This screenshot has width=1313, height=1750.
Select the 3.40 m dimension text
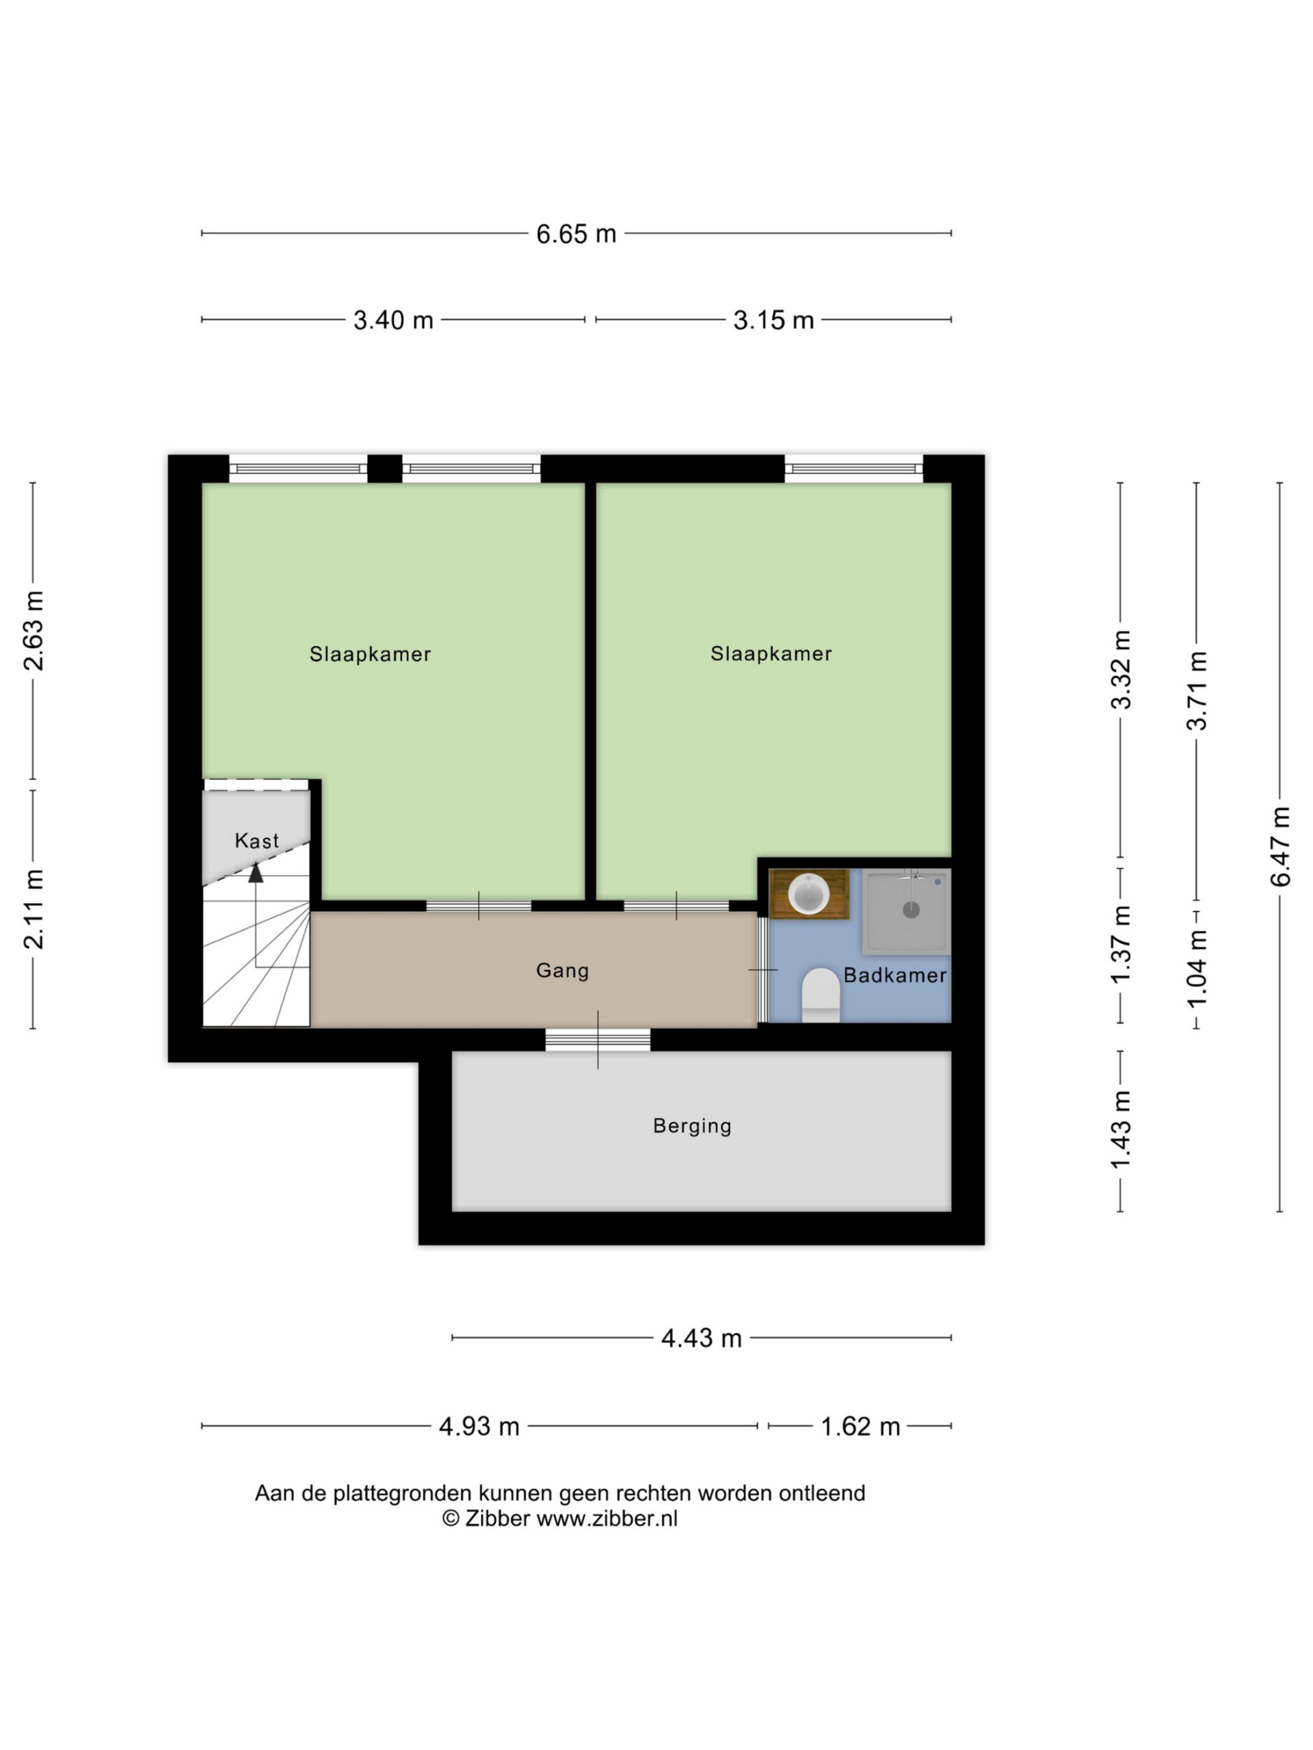393,321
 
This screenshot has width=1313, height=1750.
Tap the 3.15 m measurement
773,321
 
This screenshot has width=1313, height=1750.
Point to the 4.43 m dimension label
701,1338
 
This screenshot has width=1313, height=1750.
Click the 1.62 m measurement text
860,1427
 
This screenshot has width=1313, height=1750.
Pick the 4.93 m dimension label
479,1427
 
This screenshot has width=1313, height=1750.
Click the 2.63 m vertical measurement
34,630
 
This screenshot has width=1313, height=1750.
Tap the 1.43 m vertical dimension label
1121,1129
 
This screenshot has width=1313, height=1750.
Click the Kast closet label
256,840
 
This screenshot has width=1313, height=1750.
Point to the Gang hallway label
563,971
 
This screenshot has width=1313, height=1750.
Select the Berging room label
692,1126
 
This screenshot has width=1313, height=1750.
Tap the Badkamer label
895,975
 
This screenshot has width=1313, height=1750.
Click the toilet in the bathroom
821,995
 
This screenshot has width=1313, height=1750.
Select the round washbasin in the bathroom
808,894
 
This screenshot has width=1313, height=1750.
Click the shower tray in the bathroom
907,911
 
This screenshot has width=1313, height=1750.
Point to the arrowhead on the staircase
256,873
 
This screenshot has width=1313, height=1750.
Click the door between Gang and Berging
598,1040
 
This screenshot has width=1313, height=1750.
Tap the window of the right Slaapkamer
854,469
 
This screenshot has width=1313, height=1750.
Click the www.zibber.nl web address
607,1518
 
